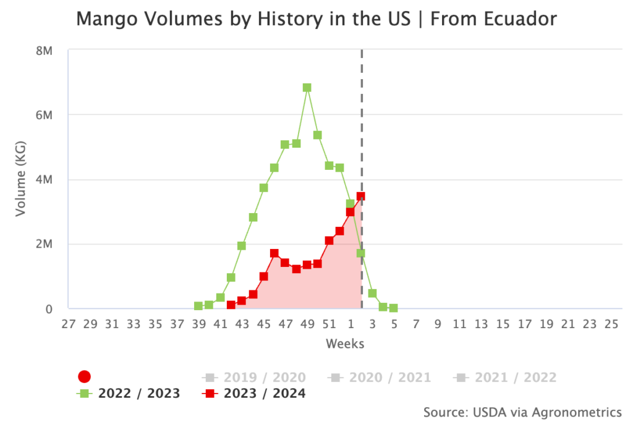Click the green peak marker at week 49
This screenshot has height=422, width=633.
coord(307,88)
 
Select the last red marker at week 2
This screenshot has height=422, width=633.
coord(361,196)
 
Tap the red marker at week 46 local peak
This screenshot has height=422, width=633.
coord(274,253)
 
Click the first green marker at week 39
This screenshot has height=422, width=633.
coord(198,306)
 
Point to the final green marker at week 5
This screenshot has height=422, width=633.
coord(393,308)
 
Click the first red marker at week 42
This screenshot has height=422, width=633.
coord(231,305)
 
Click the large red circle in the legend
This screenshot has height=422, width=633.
coord(85,377)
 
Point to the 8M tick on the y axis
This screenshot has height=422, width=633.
coord(44,51)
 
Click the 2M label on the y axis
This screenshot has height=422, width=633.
coord(44,244)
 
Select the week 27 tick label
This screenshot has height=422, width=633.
coord(69,324)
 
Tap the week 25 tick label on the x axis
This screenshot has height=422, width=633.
coord(611,324)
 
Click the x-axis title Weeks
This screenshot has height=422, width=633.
coord(344,344)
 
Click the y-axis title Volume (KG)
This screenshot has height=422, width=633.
coord(21,180)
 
